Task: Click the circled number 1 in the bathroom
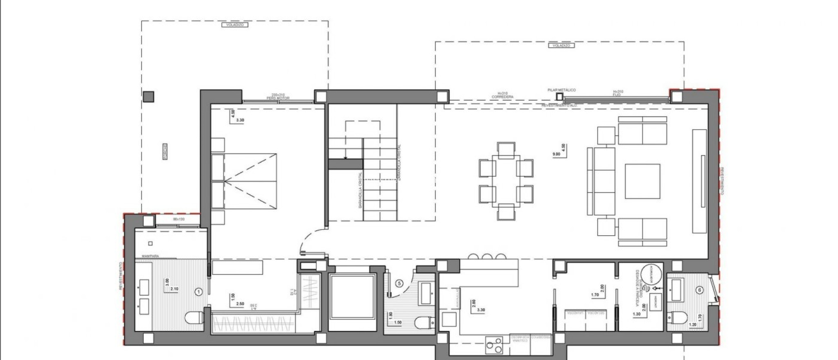pos(199,292)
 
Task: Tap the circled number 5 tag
pos(400,282)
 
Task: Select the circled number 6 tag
pos(700,290)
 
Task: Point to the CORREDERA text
pos(502,97)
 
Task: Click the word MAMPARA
pos(150,256)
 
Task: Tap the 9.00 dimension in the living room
pos(556,154)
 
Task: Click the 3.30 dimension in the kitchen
pos(481,310)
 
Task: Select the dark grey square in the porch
pos(148,97)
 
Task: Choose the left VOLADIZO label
pos(235,25)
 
